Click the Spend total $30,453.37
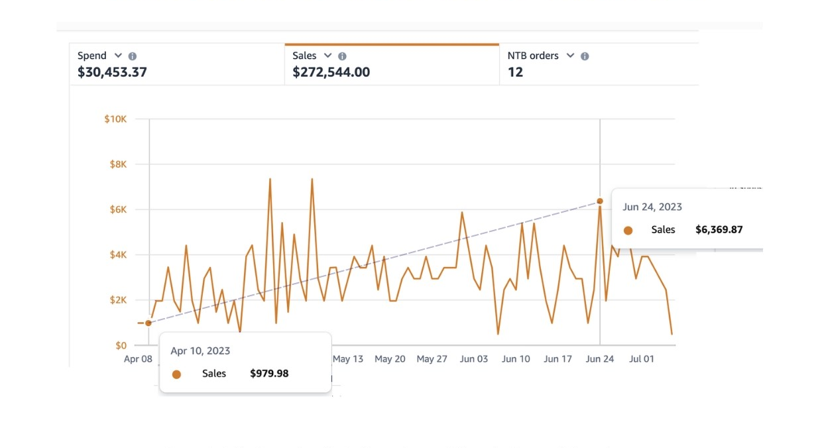pyautogui.click(x=112, y=72)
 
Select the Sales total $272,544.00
pyautogui.click(x=331, y=72)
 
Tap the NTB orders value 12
pyautogui.click(x=515, y=72)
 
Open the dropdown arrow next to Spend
pyautogui.click(x=118, y=56)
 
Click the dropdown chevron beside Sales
pyautogui.click(x=327, y=56)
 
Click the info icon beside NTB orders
pyautogui.click(x=585, y=56)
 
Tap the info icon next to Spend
pyautogui.click(x=133, y=56)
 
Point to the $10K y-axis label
pyautogui.click(x=115, y=119)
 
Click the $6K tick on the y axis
pyautogui.click(x=118, y=209)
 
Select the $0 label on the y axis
pyautogui.click(x=121, y=345)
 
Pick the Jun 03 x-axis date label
pyautogui.click(x=474, y=359)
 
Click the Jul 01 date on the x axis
pyautogui.click(x=642, y=359)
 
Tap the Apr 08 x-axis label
pyautogui.click(x=138, y=359)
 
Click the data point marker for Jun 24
pyautogui.click(x=600, y=201)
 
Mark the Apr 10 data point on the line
pyautogui.click(x=148, y=323)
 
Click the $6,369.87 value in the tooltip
pyautogui.click(x=719, y=229)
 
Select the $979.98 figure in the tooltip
pyautogui.click(x=269, y=373)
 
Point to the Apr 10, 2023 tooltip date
pyautogui.click(x=200, y=351)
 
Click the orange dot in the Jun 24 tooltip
pyautogui.click(x=628, y=230)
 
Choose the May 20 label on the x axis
pyautogui.click(x=390, y=359)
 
